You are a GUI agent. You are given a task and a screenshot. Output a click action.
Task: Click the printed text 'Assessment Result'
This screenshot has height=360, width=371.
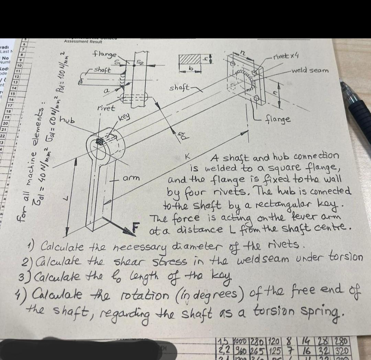(x=83, y=42)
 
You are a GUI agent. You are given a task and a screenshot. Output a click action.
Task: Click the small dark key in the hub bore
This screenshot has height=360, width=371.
(x=100, y=141)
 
